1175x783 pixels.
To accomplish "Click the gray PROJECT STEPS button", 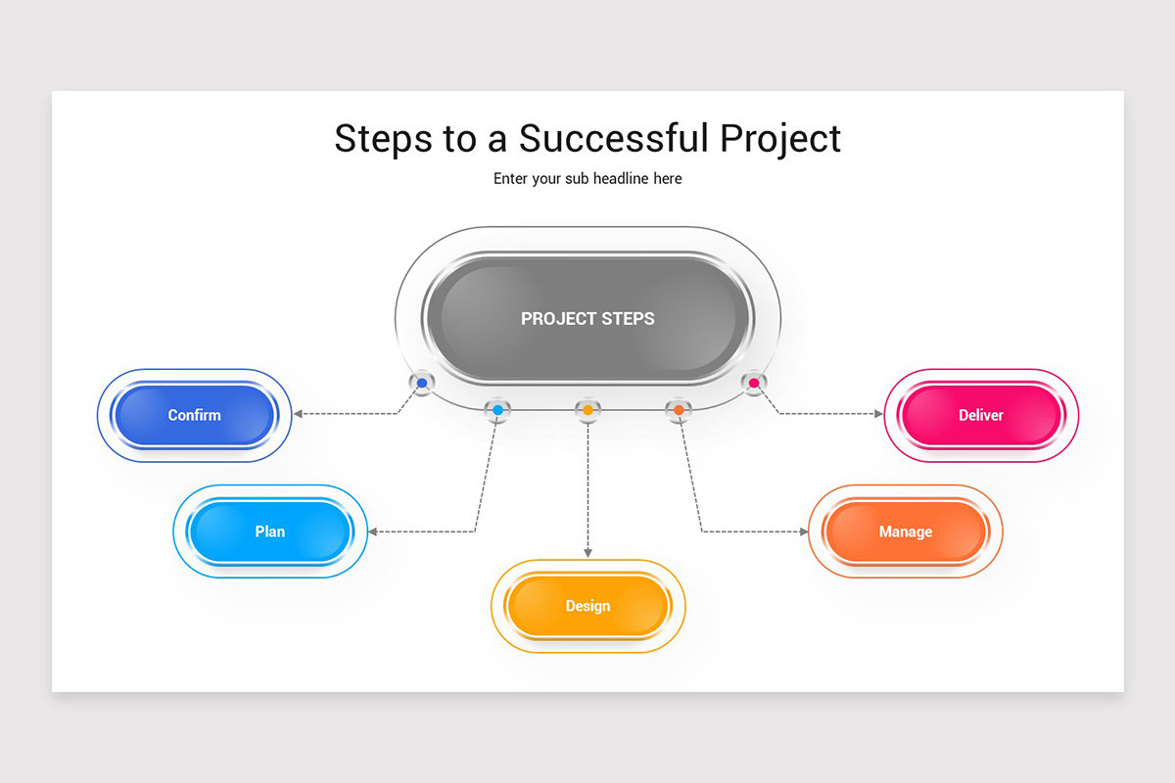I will [587, 318].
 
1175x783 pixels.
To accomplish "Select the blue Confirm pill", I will [195, 415].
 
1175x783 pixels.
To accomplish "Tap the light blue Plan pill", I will [270, 531].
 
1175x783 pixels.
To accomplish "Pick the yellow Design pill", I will [587, 606].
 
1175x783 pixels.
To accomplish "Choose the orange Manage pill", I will [906, 531].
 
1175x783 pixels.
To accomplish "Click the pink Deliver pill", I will [981, 415].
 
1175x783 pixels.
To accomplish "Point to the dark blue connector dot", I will [422, 383].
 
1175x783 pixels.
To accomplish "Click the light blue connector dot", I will [497, 409].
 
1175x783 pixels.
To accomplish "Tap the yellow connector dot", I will [587, 409].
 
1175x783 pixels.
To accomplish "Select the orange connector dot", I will [678, 409].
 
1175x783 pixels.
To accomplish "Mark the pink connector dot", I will [753, 383].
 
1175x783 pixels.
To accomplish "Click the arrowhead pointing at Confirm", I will [299, 414].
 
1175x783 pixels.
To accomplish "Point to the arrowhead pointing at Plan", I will [374, 531].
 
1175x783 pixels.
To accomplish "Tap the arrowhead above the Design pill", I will [587, 553].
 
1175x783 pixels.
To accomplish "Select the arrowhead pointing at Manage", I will [804, 531].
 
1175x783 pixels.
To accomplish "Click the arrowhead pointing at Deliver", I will [878, 414].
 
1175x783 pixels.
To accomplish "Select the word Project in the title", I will [780, 138].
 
